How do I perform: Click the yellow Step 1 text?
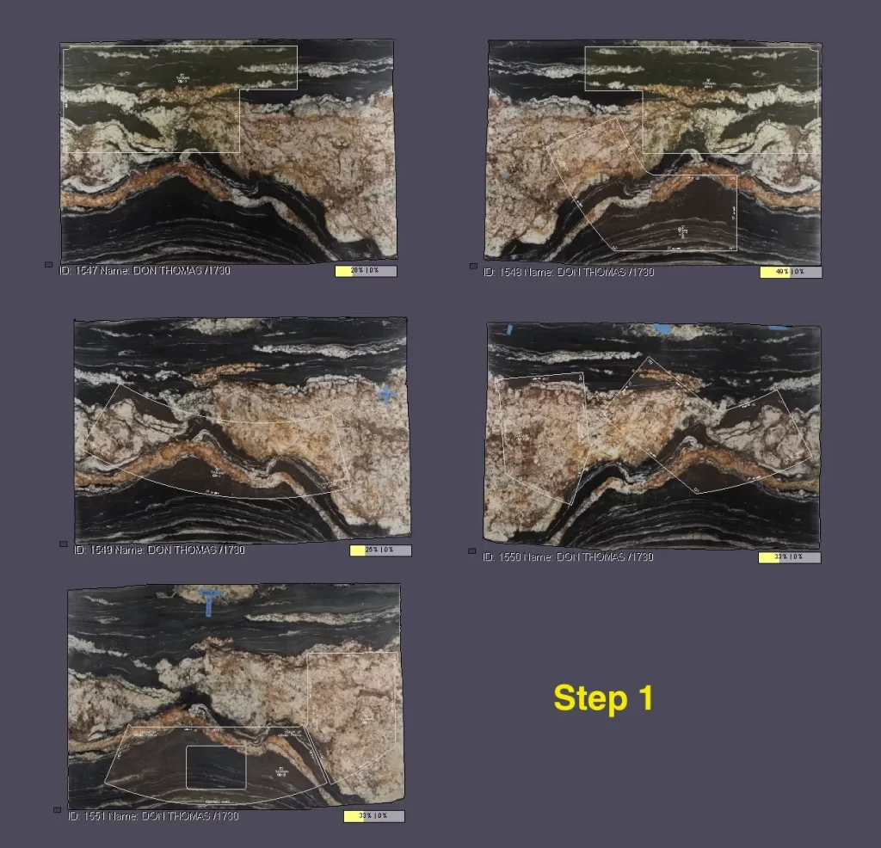603,697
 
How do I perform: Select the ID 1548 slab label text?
569,272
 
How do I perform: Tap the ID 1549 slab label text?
159,550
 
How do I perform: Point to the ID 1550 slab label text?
569,556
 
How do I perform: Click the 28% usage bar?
366,271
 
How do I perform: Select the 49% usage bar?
791,272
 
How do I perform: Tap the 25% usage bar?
380,550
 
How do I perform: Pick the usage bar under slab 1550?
789,557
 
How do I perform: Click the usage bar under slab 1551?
373,816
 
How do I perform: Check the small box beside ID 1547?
48,265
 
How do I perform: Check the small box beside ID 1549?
63,544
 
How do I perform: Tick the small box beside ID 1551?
57,809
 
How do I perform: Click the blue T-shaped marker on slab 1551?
210,599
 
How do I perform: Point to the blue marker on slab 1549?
386,394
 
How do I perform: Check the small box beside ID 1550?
472,550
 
